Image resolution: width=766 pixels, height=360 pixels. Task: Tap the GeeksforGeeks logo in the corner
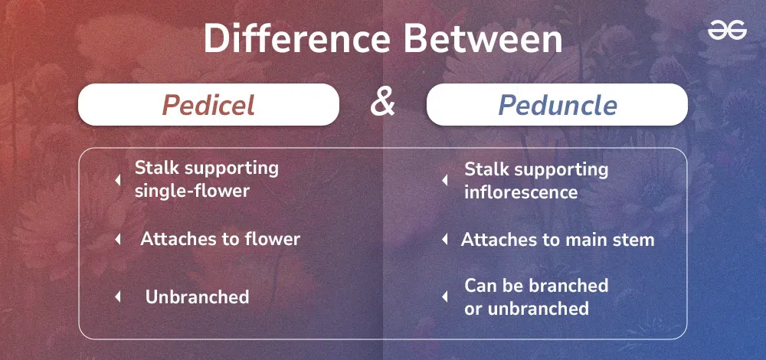pos(728,31)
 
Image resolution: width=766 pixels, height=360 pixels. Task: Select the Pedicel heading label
pos(208,104)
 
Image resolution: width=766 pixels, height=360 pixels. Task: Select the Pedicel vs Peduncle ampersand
pos(382,103)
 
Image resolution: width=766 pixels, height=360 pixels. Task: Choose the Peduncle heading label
pos(558,104)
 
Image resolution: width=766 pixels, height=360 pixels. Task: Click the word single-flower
pos(192,191)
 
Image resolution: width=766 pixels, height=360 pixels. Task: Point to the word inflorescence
pos(521,192)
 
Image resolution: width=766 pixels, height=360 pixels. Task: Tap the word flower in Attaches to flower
pos(273,239)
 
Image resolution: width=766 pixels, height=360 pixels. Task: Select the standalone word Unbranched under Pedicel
pos(198,297)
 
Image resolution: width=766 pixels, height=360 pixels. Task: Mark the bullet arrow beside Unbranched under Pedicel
pos(117,297)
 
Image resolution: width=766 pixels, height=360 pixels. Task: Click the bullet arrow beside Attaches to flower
pos(117,239)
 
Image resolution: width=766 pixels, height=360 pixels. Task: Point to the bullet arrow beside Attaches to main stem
pos(444,239)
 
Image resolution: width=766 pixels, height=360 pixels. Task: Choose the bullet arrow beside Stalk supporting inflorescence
pos(444,180)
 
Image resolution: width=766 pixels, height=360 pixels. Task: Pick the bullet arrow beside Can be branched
pos(444,296)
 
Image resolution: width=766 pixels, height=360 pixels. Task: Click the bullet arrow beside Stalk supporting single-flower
pos(117,180)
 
